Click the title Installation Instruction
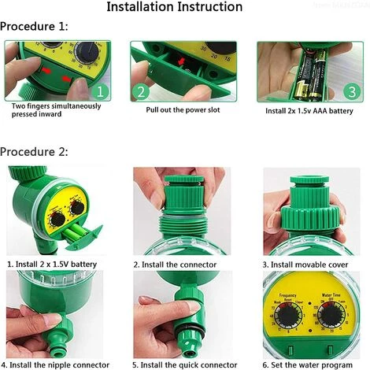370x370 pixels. pyautogui.click(x=185, y=8)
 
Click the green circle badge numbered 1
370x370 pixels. pyautogui.click(x=102, y=91)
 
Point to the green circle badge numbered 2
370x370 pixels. pyautogui.click(x=142, y=91)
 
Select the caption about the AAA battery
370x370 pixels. pyautogui.click(x=309, y=110)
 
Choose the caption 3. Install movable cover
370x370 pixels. pyautogui.click(x=308, y=265)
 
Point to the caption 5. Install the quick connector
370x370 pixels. pyautogui.click(x=184, y=364)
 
